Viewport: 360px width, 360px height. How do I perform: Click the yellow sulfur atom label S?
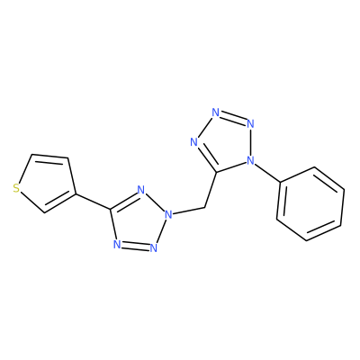[x=16, y=189]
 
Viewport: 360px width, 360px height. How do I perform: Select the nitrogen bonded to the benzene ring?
[x=250, y=161]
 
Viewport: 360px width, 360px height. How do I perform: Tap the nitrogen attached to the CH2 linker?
[x=169, y=214]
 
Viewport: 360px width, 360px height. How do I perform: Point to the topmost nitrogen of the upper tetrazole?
[x=215, y=112]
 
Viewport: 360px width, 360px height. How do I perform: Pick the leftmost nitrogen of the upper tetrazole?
[x=194, y=142]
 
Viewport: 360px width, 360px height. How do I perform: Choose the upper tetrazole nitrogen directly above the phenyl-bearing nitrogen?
[x=250, y=123]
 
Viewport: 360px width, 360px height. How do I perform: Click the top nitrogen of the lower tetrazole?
[x=141, y=190]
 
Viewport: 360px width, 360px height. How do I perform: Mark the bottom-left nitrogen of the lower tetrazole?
[x=118, y=245]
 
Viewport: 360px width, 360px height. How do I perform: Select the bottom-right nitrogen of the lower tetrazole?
[x=154, y=247]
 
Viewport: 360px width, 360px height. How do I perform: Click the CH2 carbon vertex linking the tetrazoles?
[x=204, y=207]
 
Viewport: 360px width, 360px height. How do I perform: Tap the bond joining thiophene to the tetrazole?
[x=93, y=202]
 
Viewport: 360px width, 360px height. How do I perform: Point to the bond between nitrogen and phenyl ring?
[x=267, y=173]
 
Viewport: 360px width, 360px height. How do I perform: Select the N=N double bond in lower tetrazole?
[x=136, y=246]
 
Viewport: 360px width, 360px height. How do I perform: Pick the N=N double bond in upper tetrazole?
[x=233, y=118]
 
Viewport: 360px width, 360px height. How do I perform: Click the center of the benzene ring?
[x=310, y=203]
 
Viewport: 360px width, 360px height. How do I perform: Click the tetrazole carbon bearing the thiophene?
[x=111, y=209]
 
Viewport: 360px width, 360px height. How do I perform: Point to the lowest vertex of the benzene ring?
[x=306, y=240]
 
